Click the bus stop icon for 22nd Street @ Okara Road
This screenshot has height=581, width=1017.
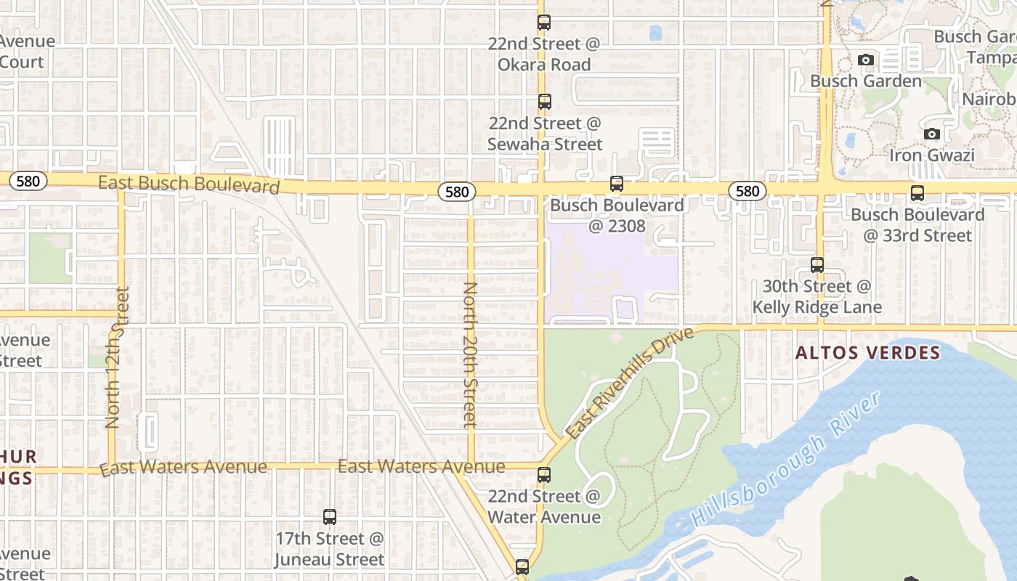[x=544, y=23]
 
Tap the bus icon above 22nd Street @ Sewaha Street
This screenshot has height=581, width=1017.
[x=544, y=102]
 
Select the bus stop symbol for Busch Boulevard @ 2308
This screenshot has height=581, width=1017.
[x=617, y=184]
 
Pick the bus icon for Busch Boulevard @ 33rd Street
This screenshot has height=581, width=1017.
[x=917, y=193]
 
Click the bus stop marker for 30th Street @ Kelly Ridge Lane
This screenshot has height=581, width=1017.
[x=817, y=265]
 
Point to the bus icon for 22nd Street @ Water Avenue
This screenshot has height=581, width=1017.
[x=544, y=476]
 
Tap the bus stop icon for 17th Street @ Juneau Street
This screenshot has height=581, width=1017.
[x=330, y=517]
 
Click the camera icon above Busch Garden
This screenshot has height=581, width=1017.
[x=865, y=60]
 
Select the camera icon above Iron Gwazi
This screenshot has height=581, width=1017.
[x=931, y=134]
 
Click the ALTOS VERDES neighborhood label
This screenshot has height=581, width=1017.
[x=868, y=354]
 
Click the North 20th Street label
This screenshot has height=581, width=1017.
[x=470, y=354]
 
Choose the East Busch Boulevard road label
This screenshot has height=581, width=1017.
[x=189, y=184]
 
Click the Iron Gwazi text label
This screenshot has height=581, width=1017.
[x=931, y=155]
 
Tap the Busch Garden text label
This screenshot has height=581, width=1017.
[x=866, y=81]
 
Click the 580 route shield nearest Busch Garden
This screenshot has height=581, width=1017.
[x=747, y=191]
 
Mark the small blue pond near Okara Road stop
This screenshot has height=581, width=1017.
[x=656, y=33]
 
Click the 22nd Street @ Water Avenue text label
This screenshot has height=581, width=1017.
[x=544, y=507]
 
